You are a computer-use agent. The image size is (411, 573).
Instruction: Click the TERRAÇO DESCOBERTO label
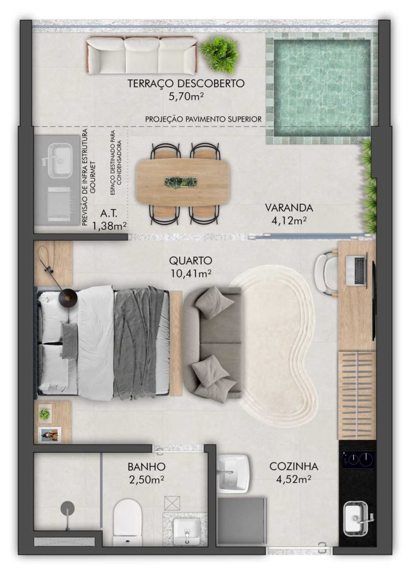pyautogui.click(x=186, y=83)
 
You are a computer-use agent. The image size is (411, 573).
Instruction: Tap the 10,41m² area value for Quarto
pyautogui.click(x=190, y=273)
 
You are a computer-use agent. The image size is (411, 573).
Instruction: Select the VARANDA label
pyautogui.click(x=289, y=208)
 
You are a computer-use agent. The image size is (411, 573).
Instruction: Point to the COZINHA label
pyautogui.click(x=294, y=466)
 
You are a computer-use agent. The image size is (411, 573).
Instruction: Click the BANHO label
pyautogui.click(x=147, y=467)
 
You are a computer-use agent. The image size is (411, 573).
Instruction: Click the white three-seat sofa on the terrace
pyautogui.click(x=142, y=55)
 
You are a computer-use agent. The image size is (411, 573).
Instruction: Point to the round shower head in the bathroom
pyautogui.click(x=68, y=508)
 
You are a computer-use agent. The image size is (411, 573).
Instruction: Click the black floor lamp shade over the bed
pyautogui.click(x=68, y=297)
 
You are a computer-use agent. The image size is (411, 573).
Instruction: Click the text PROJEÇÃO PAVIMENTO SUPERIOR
pyautogui.click(x=204, y=119)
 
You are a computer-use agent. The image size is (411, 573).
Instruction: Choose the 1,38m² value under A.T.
pyautogui.click(x=110, y=226)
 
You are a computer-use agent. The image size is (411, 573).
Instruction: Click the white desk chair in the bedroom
pyautogui.click(x=326, y=273)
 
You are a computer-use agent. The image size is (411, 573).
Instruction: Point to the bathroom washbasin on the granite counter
pyautogui.click(x=187, y=531)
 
